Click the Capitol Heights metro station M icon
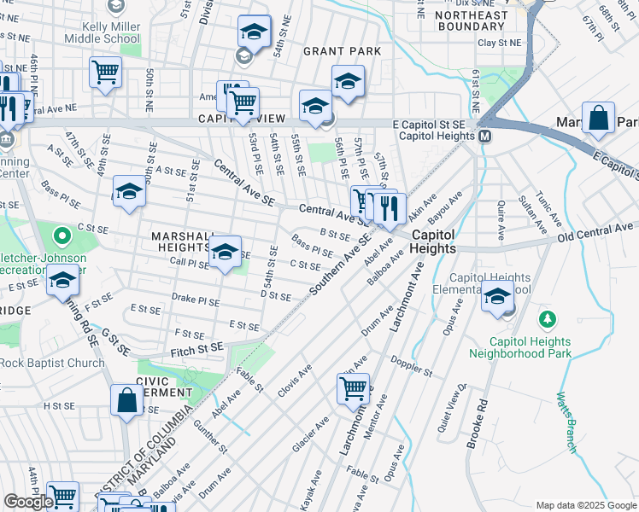[484, 137]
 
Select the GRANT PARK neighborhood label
[342, 51]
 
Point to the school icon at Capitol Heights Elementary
[497, 298]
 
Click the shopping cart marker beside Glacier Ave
[353, 389]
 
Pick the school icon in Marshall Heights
[225, 252]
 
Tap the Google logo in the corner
[28, 502]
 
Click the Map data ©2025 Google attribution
[585, 505]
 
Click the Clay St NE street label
[500, 42]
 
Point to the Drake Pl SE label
[196, 300]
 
